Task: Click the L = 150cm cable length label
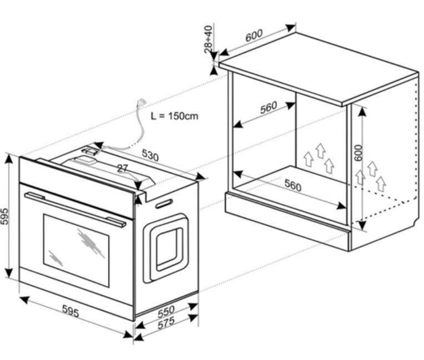[174, 116]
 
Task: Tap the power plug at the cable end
[142, 103]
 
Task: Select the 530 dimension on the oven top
[150, 155]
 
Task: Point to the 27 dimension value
[122, 169]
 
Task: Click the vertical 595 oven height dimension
[5, 216]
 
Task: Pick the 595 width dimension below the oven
[70, 311]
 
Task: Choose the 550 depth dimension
[166, 311]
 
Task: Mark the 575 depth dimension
[166, 323]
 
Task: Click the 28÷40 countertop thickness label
[209, 39]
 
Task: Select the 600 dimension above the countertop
[254, 35]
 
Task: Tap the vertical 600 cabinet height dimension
[358, 153]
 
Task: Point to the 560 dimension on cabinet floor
[293, 185]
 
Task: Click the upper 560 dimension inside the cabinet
[269, 107]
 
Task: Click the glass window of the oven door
[76, 251]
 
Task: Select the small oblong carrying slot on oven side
[164, 204]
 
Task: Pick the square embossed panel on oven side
[166, 248]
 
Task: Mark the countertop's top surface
[319, 68]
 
